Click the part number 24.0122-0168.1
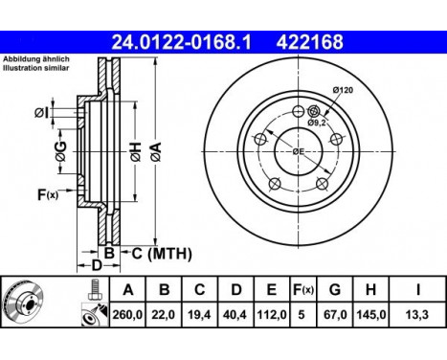coord(181,42)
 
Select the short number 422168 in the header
coord(309,42)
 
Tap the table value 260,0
coord(127,315)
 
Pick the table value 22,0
coord(164,315)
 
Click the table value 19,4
coord(199,315)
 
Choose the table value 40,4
coord(235,315)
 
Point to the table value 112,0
coord(272,315)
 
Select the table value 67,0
coord(335,315)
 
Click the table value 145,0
coord(370,315)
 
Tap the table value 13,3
coord(417,315)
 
